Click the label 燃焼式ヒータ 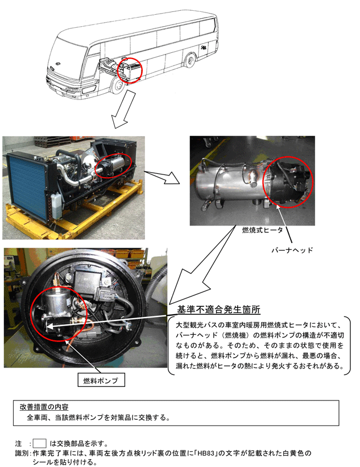click(263, 230)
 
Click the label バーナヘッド click(292, 250)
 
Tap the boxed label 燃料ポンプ click(101, 380)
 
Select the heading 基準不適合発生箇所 click(218, 310)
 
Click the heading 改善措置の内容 click(44, 407)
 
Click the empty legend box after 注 click(39, 444)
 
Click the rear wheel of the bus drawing click(189, 60)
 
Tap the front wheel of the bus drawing click(117, 85)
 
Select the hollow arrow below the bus click(124, 110)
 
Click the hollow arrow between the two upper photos click(162, 177)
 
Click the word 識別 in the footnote click(22, 453)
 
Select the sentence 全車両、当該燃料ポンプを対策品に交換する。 click(98, 418)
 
